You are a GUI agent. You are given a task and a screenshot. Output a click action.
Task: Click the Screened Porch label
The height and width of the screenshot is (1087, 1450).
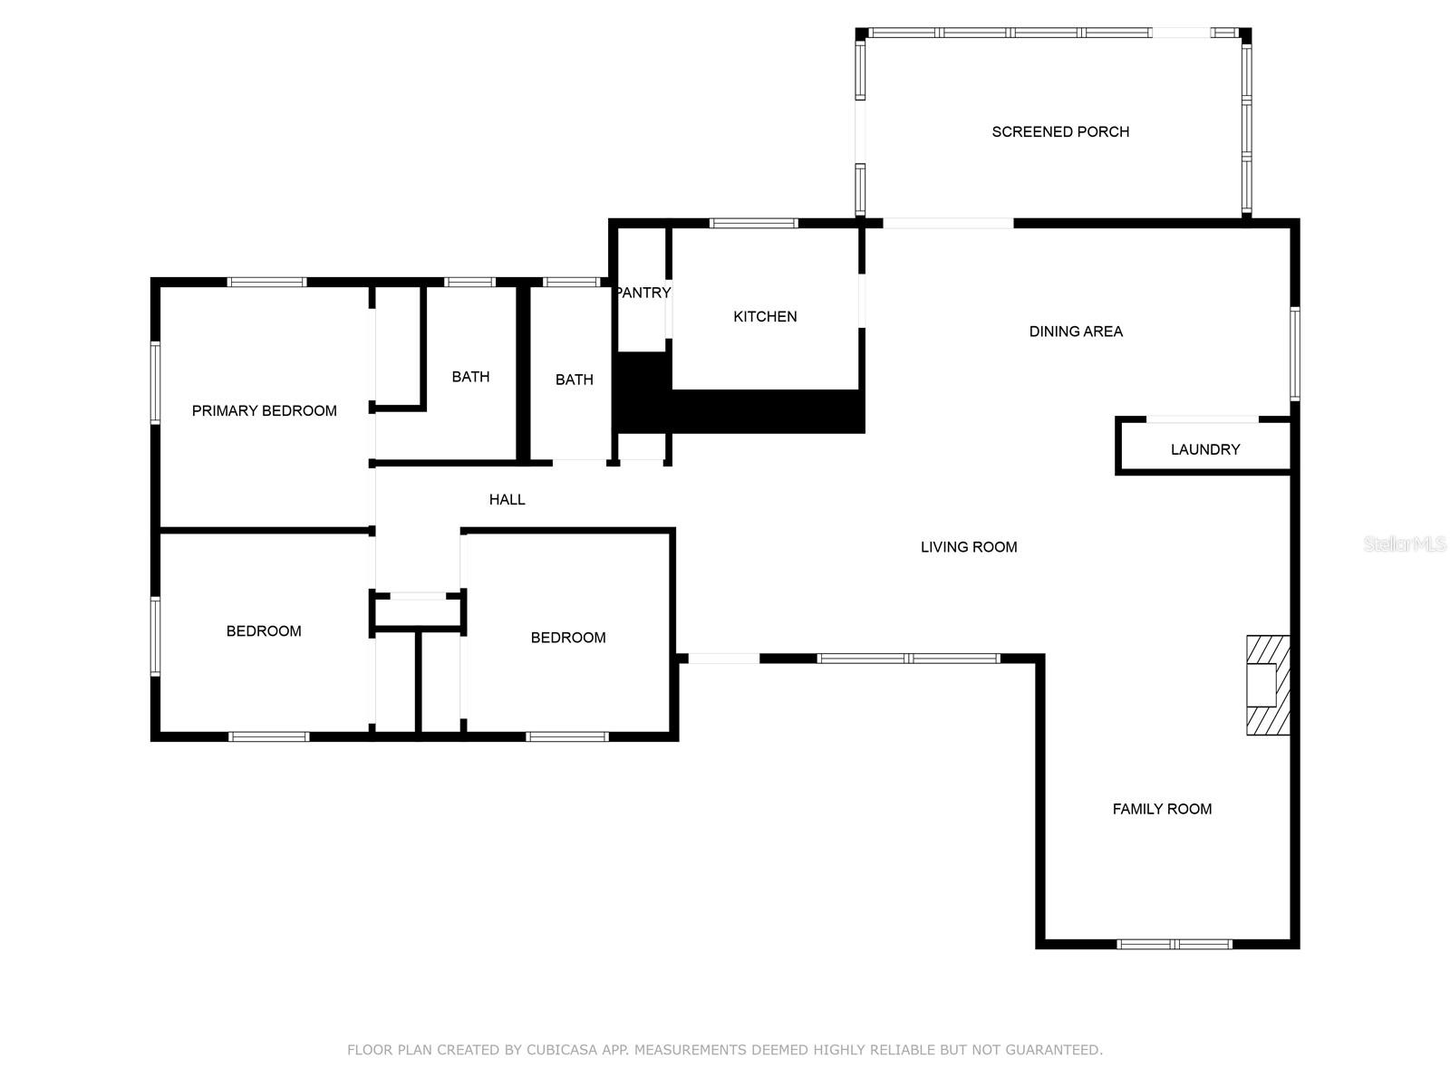[x=1060, y=132]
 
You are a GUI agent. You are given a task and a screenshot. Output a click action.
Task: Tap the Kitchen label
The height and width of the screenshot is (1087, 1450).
[x=765, y=317]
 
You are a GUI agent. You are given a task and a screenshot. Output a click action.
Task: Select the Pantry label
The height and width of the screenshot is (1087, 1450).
[x=643, y=293]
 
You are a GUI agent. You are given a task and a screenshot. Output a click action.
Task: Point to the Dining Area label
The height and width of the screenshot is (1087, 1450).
[x=1076, y=332]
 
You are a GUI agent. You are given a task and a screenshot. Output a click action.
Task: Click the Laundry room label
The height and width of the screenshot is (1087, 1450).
[x=1205, y=449]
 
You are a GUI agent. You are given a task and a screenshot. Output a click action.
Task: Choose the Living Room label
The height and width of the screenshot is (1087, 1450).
[x=969, y=547]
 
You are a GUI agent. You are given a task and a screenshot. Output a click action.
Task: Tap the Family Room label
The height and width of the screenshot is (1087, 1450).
[x=1162, y=809]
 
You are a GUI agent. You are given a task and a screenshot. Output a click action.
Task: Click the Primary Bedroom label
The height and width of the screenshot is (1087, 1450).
[x=265, y=411]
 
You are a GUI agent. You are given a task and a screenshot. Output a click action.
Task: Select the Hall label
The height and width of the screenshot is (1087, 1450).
[x=507, y=500]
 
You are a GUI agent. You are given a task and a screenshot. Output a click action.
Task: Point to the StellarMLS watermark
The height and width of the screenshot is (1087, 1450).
[x=1405, y=543]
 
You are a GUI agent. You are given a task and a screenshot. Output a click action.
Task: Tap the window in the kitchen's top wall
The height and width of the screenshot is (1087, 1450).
[x=754, y=223]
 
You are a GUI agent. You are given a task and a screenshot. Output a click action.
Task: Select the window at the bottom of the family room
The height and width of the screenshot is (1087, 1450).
[x=1174, y=945]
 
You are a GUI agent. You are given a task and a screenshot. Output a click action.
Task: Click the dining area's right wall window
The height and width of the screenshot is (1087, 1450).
[x=1295, y=354]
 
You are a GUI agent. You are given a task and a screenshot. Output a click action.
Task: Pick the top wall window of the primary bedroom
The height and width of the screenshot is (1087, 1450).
[x=266, y=283]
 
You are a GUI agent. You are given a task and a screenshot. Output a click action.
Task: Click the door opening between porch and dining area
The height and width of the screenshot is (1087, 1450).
[x=948, y=223]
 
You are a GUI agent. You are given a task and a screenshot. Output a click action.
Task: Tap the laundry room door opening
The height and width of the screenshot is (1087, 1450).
[x=1203, y=419]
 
